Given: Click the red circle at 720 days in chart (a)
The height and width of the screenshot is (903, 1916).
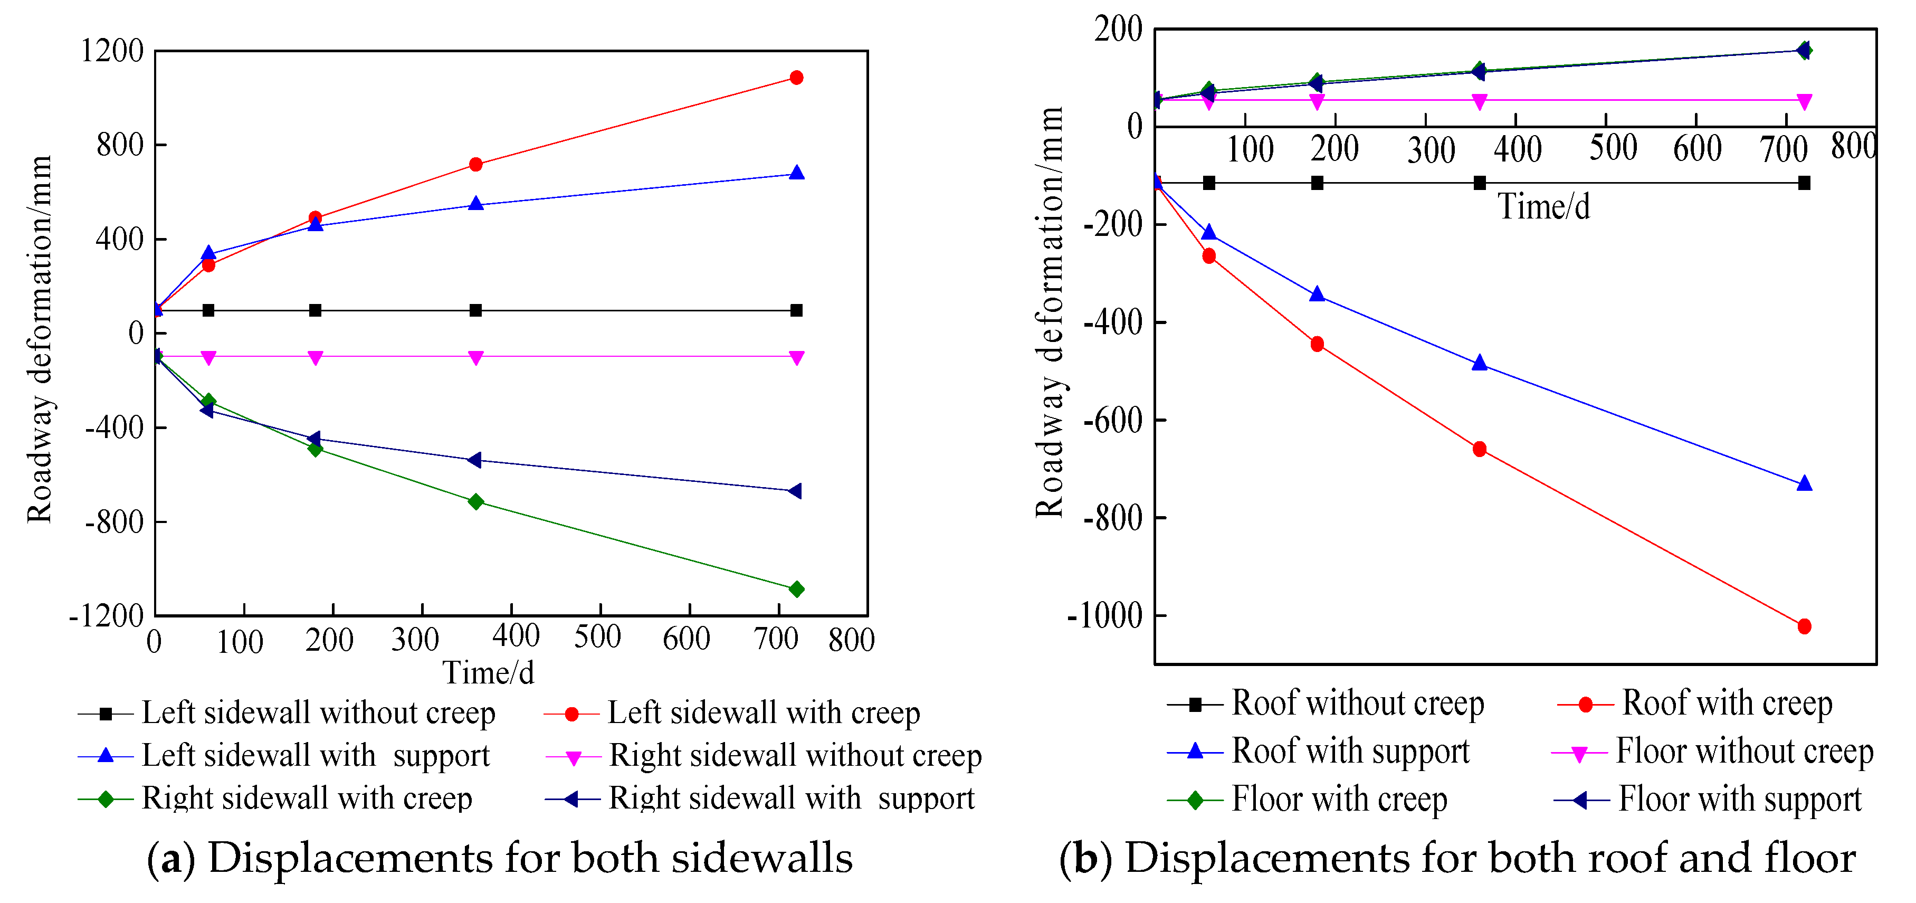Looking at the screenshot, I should coord(796,78).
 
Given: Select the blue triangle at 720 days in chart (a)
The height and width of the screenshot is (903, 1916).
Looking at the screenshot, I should coord(796,173).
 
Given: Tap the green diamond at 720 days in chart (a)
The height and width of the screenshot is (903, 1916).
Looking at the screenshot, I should coord(796,589).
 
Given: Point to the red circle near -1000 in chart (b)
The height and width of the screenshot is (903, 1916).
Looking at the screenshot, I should coord(1804,626).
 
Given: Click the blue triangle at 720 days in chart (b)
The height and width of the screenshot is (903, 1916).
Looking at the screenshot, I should coord(1804,483).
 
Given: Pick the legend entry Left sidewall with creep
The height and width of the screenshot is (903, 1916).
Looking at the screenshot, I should coord(763,712).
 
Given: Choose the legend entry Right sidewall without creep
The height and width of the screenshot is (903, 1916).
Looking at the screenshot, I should coord(794,756).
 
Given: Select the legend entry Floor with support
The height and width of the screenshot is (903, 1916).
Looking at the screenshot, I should coord(1739,799).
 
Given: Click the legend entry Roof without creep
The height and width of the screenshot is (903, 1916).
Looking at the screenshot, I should coord(1357,703).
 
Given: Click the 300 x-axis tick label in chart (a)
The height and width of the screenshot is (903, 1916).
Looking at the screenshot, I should coord(415,640).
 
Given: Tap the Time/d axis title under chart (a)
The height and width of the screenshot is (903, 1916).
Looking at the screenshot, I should coord(489,672).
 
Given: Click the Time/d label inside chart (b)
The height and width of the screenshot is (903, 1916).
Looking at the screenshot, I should coord(1543,207).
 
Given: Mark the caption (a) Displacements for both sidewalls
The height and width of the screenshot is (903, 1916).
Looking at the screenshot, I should coord(499,858).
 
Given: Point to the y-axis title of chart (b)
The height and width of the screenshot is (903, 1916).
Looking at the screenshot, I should coord(1050,312).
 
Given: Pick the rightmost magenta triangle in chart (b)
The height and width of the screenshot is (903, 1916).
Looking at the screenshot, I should coord(1804,102).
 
